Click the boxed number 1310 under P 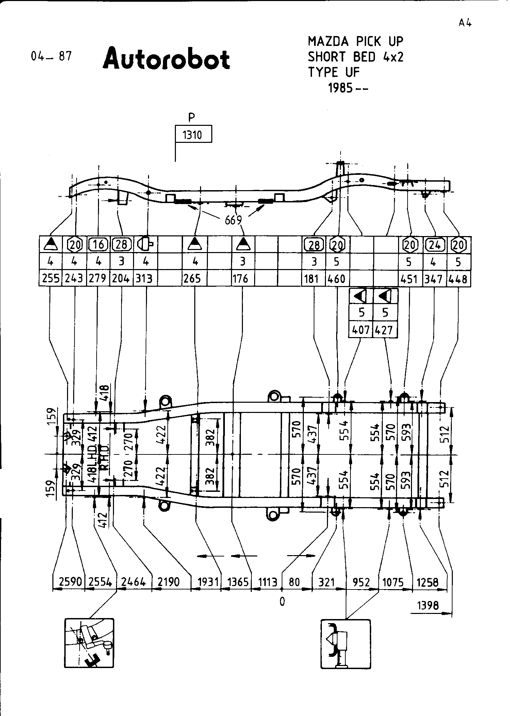(x=193, y=135)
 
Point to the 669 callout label (x=233, y=220)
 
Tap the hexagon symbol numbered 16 (x=98, y=244)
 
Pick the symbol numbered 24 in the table (x=434, y=244)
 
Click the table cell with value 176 (x=242, y=279)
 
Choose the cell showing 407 (x=361, y=330)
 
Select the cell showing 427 (x=385, y=330)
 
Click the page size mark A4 (x=465, y=23)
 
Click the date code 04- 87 (x=51, y=56)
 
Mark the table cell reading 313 (x=144, y=279)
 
